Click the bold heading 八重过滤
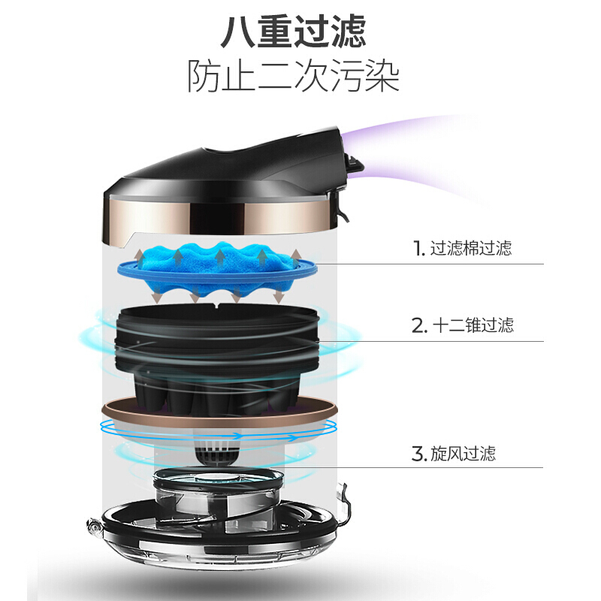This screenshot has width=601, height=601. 293,32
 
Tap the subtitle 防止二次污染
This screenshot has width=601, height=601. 293,76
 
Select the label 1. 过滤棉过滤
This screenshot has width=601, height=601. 462,248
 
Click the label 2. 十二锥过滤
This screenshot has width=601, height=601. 462,325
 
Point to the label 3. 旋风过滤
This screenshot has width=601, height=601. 454,454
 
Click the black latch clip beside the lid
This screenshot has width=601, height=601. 347,184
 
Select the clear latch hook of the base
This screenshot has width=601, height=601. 343,505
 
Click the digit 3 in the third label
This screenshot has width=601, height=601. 417,454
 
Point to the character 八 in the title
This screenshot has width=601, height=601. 237,32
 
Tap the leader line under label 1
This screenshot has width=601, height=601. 429,264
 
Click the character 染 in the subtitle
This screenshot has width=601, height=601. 382,76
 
